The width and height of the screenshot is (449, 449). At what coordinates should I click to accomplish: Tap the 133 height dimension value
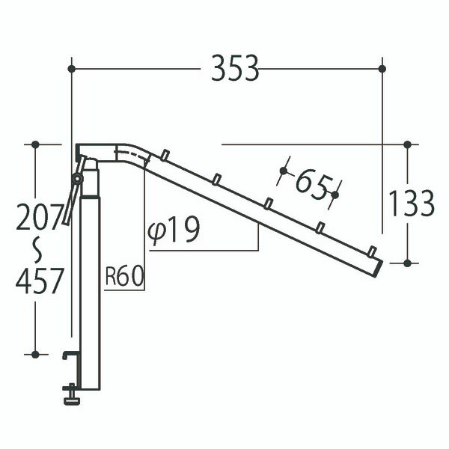pos(411,203)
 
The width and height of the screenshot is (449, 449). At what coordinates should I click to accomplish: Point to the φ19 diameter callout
pos(174,231)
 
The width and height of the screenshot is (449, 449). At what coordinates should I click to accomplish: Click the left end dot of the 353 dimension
pos(70,69)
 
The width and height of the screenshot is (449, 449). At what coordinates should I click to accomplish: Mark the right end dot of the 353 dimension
pos(382,69)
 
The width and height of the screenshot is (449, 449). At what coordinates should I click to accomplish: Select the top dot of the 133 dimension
pos(407,144)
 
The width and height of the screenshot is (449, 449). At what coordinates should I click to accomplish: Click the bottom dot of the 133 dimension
pos(407,263)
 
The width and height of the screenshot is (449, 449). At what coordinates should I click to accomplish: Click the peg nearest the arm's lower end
pos(372,250)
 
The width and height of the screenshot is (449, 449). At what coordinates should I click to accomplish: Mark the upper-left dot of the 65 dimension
pos(282,171)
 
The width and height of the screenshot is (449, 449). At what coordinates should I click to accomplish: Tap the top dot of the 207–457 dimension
pos(35,144)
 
